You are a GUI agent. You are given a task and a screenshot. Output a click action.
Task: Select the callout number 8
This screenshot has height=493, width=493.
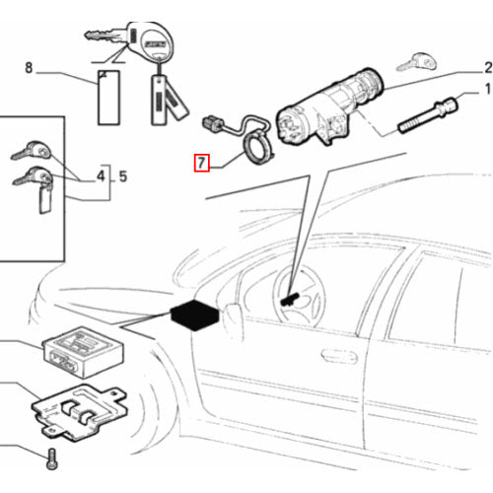(x=29, y=68)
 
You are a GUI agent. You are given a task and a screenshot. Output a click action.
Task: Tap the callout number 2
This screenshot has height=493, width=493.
(x=486, y=68)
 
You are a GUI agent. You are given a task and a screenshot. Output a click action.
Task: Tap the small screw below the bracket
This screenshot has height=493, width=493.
(x=52, y=458)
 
